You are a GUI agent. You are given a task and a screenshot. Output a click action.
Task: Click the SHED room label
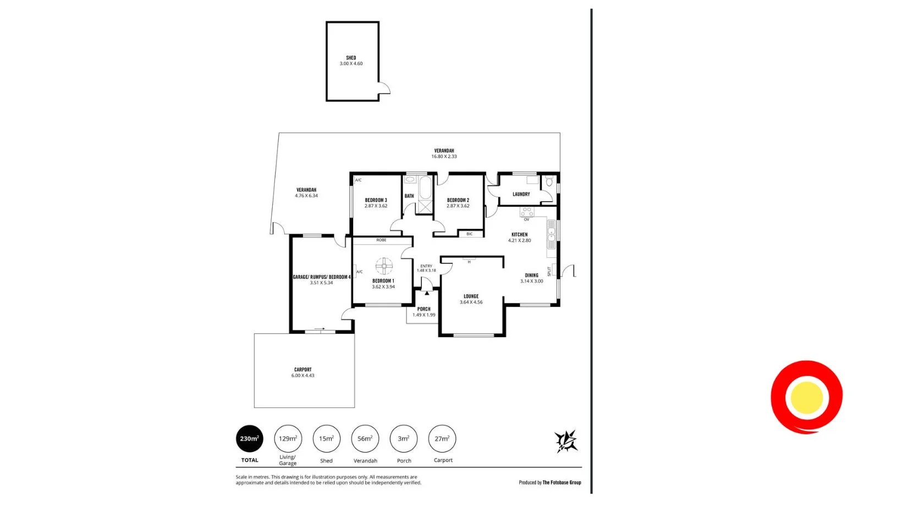(351, 58)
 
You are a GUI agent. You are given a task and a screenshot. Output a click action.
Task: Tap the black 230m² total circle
(249, 439)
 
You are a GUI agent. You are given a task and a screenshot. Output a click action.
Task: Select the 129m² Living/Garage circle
(288, 439)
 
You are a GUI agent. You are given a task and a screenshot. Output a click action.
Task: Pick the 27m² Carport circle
(442, 439)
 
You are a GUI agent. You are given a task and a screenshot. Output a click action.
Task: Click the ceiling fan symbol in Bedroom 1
(384, 267)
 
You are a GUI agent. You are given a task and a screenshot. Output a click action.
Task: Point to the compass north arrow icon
(566, 441)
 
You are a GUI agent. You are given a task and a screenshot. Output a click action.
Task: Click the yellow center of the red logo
(806, 397)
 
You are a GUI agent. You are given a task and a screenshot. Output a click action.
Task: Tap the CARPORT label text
(302, 369)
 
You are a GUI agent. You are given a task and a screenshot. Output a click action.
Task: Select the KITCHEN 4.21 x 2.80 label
(519, 238)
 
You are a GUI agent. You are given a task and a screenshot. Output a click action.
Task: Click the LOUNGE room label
(471, 296)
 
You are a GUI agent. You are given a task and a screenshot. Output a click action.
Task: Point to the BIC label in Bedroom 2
(469, 234)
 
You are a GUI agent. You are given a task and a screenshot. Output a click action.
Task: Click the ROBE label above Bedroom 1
(381, 240)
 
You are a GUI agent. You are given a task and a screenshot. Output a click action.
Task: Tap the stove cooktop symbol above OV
(527, 212)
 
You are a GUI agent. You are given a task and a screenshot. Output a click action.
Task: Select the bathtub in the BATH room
(425, 188)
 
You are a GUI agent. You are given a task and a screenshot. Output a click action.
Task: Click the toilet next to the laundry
(549, 181)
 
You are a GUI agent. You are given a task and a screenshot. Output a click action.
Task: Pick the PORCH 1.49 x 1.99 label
(424, 312)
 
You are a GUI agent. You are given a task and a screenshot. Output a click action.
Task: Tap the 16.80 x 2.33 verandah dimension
(444, 157)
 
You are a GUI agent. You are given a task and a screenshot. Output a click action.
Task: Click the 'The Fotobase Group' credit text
(562, 483)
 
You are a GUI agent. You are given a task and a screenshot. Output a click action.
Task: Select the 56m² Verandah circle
(365, 439)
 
